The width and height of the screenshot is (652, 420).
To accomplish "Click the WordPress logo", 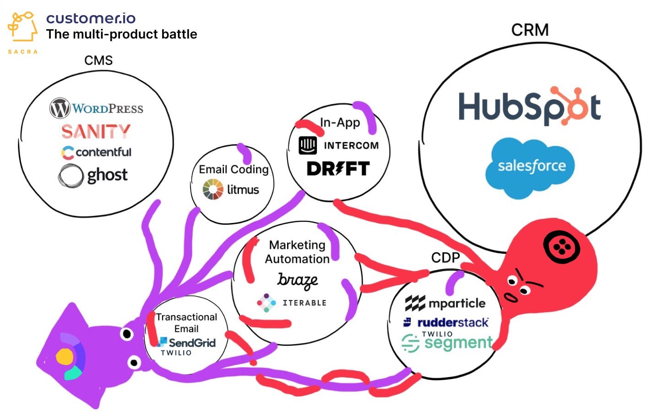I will pyautogui.click(x=96, y=109).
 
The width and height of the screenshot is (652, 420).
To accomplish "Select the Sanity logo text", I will pyautogui.click(x=96, y=131).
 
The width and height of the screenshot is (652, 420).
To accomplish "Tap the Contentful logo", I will pyautogui.click(x=96, y=152).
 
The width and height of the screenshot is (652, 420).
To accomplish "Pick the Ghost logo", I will pyautogui.click(x=93, y=175).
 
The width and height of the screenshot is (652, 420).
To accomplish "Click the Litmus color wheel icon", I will pyautogui.click(x=213, y=189).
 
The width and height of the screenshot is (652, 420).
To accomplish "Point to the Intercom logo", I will pyautogui.click(x=339, y=146).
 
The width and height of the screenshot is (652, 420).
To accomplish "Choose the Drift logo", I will pyautogui.click(x=338, y=169).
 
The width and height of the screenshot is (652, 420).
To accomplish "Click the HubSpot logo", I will pyautogui.click(x=529, y=106).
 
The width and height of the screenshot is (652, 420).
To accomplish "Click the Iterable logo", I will pyautogui.click(x=292, y=303).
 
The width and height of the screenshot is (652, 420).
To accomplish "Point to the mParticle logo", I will pyautogui.click(x=445, y=303).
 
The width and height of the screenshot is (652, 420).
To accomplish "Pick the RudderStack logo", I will pyautogui.click(x=446, y=322).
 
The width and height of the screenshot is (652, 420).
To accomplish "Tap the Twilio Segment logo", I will pyautogui.click(x=447, y=342).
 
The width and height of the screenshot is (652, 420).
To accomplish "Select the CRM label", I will pyautogui.click(x=530, y=30).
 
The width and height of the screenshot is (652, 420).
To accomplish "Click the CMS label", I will pyautogui.click(x=98, y=60).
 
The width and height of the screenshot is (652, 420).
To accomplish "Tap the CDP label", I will pyautogui.click(x=445, y=257).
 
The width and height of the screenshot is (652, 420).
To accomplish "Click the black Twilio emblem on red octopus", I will pyautogui.click(x=561, y=248).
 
